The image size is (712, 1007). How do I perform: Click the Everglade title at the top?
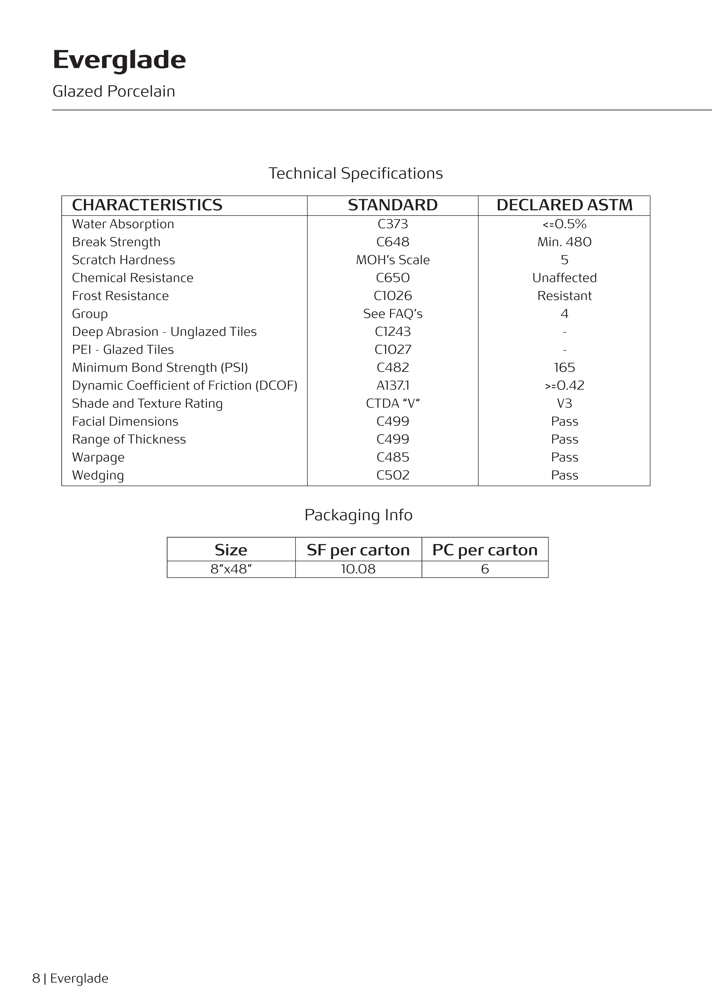(x=119, y=60)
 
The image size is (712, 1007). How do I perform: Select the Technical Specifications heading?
(x=356, y=173)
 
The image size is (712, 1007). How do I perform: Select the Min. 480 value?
(x=564, y=242)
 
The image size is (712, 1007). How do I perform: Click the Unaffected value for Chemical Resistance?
(x=564, y=278)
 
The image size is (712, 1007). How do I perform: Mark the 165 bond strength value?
(x=564, y=367)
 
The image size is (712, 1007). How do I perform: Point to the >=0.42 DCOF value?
(x=564, y=385)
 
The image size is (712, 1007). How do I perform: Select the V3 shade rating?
(x=564, y=404)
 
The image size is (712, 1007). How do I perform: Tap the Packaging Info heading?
(x=358, y=515)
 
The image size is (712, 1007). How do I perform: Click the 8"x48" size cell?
(x=231, y=569)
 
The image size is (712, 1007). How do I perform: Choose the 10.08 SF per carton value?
(x=358, y=569)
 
